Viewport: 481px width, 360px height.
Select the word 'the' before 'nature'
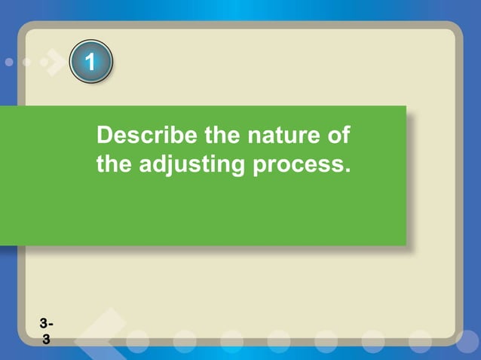coord(217,137)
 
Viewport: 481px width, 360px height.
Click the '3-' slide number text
coord(47,325)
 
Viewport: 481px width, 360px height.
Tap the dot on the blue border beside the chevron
coord(9,63)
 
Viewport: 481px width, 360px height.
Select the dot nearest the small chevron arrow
coord(28,63)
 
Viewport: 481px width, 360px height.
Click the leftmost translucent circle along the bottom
coord(137,341)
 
